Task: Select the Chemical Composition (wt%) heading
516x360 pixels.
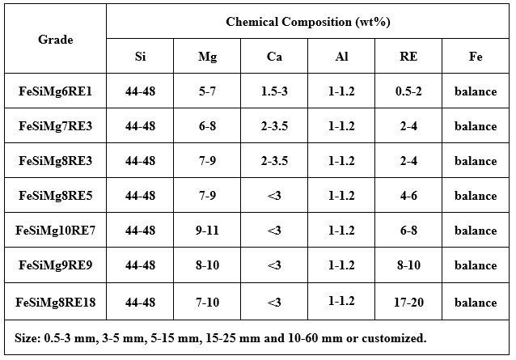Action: pos(308,21)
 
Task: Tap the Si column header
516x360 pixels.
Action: pos(140,57)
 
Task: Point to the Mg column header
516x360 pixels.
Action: pos(207,57)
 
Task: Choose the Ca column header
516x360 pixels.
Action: pos(274,57)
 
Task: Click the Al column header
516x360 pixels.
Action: pos(342,57)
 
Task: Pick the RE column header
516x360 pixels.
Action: pos(408,57)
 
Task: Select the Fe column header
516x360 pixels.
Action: pos(476,57)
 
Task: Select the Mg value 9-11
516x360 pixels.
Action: pos(207,231)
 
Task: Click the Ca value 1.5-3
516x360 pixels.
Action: pos(274,91)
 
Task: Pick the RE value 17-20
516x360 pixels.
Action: pos(408,302)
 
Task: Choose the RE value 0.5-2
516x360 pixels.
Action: pos(408,91)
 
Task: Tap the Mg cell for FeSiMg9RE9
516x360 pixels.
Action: pos(207,266)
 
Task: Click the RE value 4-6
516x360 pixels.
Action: pos(408,197)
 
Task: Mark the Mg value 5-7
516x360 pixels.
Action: pos(207,91)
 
